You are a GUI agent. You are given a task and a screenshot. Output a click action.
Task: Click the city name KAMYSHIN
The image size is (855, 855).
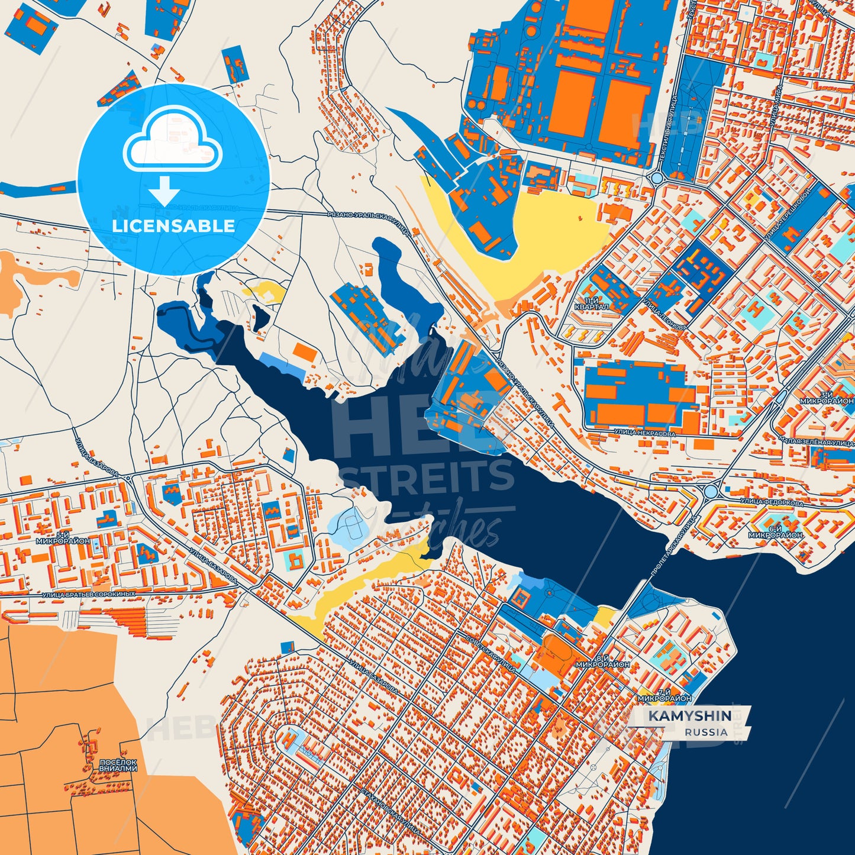(x=690, y=717)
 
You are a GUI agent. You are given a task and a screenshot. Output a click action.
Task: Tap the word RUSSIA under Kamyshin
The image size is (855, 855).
(x=706, y=733)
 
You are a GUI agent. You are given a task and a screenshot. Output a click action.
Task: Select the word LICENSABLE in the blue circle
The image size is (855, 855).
(x=173, y=226)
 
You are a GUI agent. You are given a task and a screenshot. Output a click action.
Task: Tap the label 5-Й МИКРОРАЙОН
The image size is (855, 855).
(x=63, y=538)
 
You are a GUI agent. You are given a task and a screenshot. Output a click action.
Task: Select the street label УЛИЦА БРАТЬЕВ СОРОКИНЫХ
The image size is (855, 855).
(x=89, y=593)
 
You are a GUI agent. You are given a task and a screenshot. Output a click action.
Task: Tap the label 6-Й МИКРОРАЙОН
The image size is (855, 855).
(x=775, y=531)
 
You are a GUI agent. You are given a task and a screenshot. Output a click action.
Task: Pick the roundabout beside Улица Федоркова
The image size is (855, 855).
(x=710, y=491)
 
